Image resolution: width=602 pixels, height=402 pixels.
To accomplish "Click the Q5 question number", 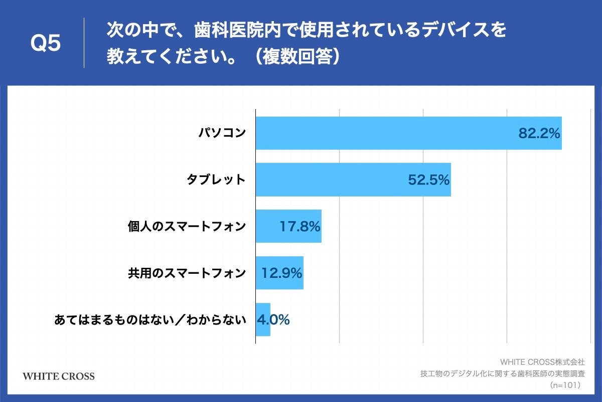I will (46, 43).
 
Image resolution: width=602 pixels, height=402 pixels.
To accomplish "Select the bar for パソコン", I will (381, 133).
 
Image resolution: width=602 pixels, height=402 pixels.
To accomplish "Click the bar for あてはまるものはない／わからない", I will (263, 320).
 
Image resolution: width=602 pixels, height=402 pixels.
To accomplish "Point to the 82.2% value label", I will (539, 134).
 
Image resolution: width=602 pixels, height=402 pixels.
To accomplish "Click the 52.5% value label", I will (428, 180).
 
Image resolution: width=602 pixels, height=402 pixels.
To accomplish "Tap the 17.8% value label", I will (299, 227).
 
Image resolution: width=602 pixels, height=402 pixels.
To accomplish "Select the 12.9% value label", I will (281, 273).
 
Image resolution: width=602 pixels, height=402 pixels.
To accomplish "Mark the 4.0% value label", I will (273, 320).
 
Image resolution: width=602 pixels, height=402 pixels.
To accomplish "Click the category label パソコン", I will (221, 133).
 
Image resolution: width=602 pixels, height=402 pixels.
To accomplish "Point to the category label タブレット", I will (216, 179).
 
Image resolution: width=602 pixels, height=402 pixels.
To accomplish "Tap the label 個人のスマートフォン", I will (187, 227).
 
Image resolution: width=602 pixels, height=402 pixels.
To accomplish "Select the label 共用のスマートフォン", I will (187, 273).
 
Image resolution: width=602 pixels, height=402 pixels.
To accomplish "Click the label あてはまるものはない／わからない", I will (150, 320).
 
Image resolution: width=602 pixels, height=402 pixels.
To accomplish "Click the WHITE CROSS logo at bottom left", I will (59, 376).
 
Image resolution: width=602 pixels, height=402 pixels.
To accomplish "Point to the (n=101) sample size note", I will (565, 385).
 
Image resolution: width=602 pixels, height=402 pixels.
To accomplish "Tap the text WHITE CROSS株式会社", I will (542, 362).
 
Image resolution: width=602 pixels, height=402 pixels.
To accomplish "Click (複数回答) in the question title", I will (296, 56).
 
